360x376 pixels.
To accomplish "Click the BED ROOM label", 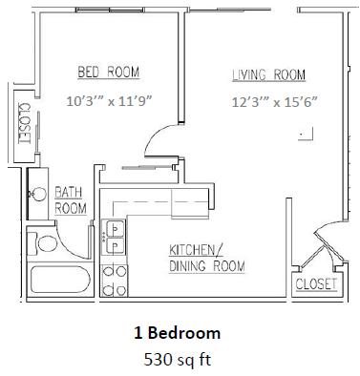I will (108, 72).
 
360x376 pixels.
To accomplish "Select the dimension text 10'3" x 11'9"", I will (108, 97).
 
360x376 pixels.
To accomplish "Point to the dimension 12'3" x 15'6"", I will (272, 98).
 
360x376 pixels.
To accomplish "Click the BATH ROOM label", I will (70, 198).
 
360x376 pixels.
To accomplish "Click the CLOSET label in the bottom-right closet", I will (316, 283).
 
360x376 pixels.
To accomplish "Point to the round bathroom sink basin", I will (40, 195).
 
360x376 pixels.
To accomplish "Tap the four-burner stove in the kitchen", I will (116, 277).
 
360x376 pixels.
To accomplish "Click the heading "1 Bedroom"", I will (179, 333).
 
